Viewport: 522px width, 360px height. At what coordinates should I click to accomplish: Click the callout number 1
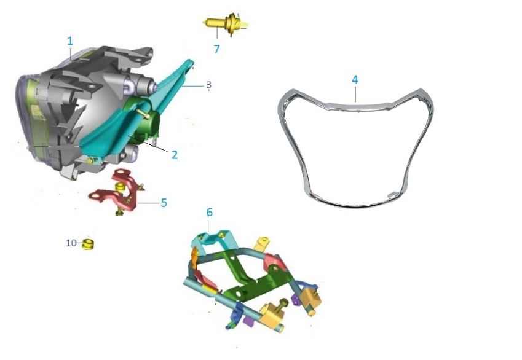pos(70,41)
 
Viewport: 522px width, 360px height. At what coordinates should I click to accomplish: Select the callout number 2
pos(175,155)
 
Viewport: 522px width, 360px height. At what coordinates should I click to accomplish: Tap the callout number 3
pos(208,84)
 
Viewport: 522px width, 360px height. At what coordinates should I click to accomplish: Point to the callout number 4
pos(355,80)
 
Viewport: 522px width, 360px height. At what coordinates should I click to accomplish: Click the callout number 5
pos(164,202)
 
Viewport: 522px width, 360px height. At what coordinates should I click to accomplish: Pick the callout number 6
pos(210,212)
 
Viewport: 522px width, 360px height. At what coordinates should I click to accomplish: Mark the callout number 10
pos(71,243)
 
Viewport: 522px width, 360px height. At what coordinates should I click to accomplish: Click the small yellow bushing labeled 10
pos(88,245)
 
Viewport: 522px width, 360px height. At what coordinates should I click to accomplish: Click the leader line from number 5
pos(148,202)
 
